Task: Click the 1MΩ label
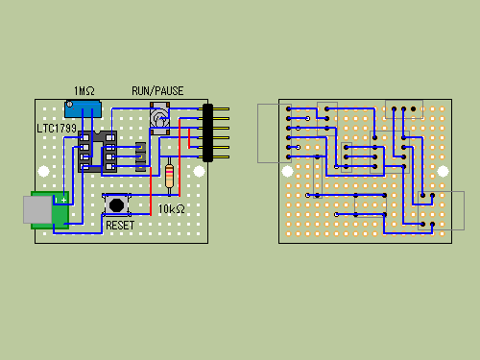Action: tap(84, 91)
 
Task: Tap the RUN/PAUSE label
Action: tap(157, 91)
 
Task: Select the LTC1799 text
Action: tap(57, 129)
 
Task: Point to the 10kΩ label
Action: tap(172, 209)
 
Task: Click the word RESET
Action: tap(120, 226)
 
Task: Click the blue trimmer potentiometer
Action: tap(83, 109)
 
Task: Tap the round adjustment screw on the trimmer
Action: tap(69, 104)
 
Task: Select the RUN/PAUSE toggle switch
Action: tap(159, 119)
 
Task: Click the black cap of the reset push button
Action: tap(116, 204)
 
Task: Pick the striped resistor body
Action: tap(169, 176)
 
